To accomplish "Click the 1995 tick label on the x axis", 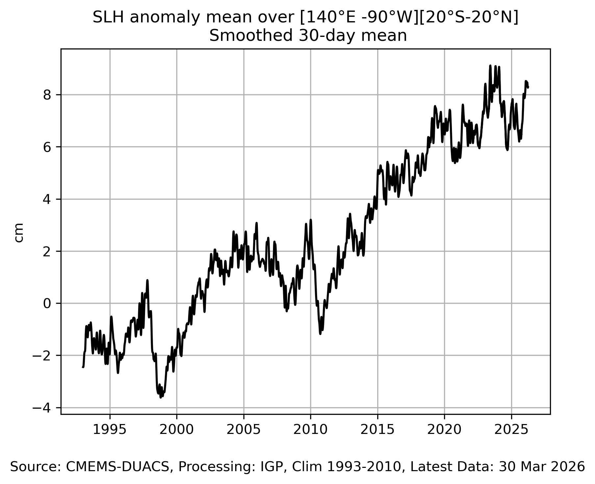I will click(110, 430).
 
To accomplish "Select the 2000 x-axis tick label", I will click(177, 430).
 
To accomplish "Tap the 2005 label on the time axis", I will click(244, 430).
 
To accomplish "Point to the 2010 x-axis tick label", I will click(310, 430).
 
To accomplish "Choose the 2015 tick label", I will click(378, 430).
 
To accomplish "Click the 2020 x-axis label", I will click(444, 430).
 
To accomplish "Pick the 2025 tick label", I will click(511, 430).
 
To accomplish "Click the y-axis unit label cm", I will click(19, 232).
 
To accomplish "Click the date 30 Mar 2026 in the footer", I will click(542, 467).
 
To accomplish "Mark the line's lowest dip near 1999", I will click(161, 397).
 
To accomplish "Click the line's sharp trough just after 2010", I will click(320, 334).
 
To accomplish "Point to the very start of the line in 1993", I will click(83, 367).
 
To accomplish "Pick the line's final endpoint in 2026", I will click(528, 87).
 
